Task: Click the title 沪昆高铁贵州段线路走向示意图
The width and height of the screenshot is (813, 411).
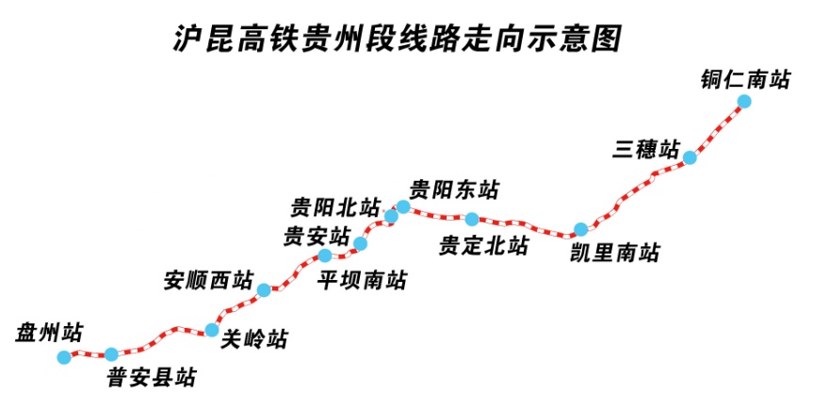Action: pyautogui.click(x=398, y=39)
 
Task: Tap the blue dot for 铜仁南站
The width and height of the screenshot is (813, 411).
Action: pyautogui.click(x=744, y=101)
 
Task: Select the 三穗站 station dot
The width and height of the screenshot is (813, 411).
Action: pyautogui.click(x=689, y=157)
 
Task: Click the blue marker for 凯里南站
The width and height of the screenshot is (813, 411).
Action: pyautogui.click(x=580, y=229)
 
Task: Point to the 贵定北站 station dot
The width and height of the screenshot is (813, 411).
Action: pyautogui.click(x=472, y=219)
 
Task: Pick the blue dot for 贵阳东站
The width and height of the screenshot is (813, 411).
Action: pyautogui.click(x=403, y=207)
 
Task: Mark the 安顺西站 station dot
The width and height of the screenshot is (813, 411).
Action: pyautogui.click(x=264, y=289)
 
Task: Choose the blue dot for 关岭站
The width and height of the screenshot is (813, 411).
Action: pyautogui.click(x=212, y=330)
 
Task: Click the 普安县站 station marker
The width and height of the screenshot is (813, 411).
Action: pyautogui.click(x=111, y=354)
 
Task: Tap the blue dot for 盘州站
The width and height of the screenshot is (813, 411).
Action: pyautogui.click(x=64, y=357)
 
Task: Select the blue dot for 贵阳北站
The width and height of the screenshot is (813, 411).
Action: pyautogui.click(x=391, y=216)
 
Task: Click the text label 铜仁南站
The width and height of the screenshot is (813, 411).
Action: pyautogui.click(x=745, y=80)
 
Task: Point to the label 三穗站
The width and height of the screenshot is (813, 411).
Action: pyautogui.click(x=645, y=149)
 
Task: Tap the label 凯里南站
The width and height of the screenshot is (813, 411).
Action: pyautogui.click(x=614, y=253)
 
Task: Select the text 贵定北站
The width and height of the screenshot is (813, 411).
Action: pyautogui.click(x=483, y=245)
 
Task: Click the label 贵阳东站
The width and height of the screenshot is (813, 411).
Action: pyautogui.click(x=454, y=189)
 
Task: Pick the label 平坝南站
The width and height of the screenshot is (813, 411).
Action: pyautogui.click(x=363, y=280)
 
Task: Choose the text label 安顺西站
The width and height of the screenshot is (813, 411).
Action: pyautogui.click(x=208, y=280)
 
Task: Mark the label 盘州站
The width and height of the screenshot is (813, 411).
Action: pyautogui.click(x=49, y=332)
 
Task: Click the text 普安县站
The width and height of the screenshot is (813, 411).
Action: pyautogui.click(x=152, y=377)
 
